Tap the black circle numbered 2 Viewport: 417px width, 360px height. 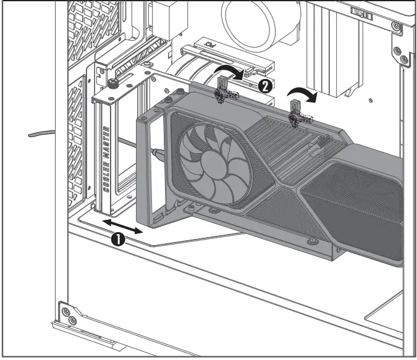[266, 86]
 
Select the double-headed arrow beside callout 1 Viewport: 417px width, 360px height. [122, 226]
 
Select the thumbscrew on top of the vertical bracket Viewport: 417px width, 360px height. [113, 82]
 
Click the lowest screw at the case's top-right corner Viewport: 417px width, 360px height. [404, 59]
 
